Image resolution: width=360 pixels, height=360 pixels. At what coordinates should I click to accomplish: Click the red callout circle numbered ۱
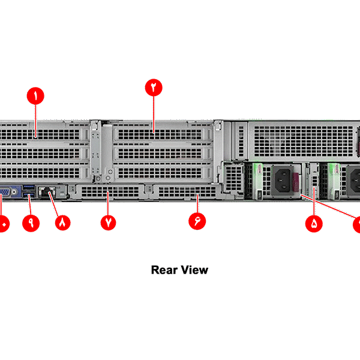tap(36, 95)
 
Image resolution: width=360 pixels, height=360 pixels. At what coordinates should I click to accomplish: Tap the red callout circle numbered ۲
tap(154, 87)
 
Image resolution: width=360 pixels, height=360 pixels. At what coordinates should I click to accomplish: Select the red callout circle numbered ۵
tap(314, 224)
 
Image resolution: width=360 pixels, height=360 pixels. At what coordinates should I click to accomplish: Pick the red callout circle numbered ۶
tap(197, 221)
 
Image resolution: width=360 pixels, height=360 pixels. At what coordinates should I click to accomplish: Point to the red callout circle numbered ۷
tap(109, 222)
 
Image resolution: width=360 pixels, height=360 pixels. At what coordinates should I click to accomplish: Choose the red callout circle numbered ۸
tap(62, 222)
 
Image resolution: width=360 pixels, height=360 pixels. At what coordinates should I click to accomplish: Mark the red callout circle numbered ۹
tap(30, 222)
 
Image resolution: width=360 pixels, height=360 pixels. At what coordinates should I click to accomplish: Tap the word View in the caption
tap(195, 270)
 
